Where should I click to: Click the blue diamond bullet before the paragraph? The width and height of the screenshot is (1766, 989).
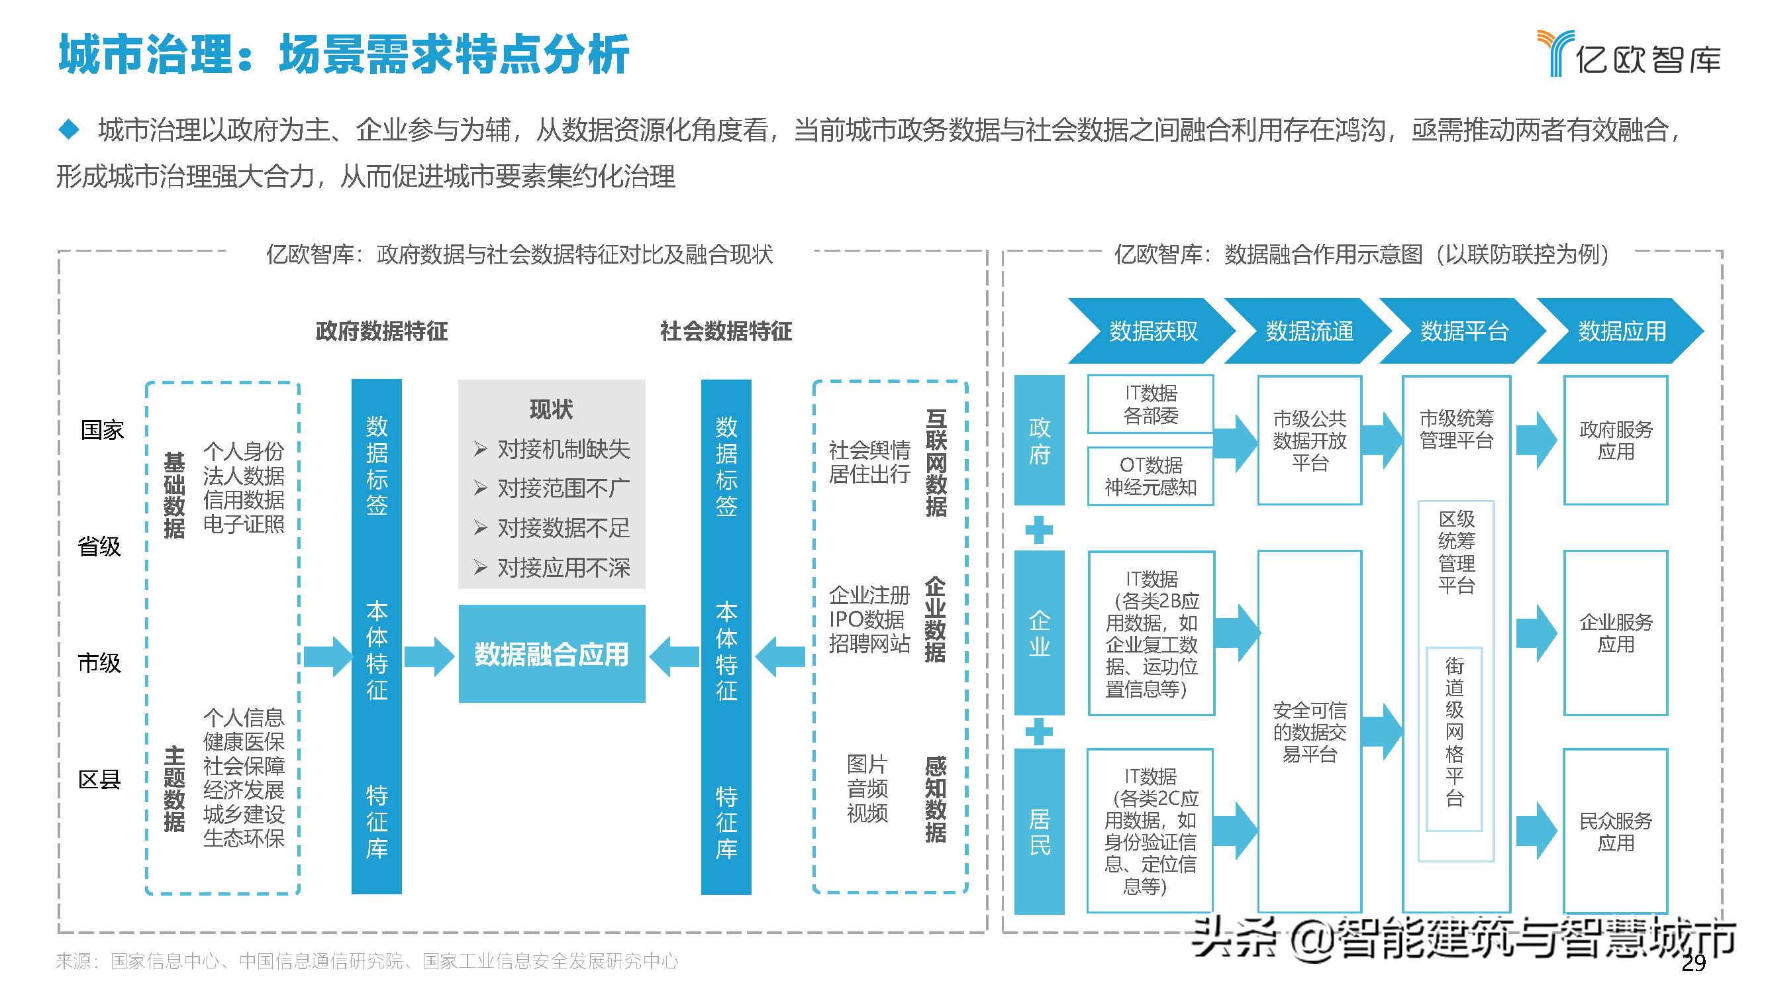(x=69, y=129)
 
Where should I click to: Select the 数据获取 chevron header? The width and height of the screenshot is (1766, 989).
(x=1152, y=331)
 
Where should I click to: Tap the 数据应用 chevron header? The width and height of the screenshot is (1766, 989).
(x=1621, y=331)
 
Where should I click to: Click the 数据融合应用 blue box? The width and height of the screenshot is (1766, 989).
(x=551, y=654)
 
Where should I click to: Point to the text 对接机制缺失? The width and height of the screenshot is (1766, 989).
(x=563, y=449)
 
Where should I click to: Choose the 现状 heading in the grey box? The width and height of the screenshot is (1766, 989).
(x=550, y=409)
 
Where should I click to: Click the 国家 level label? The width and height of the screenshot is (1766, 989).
(x=102, y=430)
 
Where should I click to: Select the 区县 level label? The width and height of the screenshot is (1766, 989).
(x=99, y=779)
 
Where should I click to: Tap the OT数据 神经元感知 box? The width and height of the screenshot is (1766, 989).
(x=1150, y=476)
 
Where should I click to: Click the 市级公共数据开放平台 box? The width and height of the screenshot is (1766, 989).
(x=1308, y=441)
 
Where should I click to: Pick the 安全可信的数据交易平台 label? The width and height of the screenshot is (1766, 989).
(x=1308, y=732)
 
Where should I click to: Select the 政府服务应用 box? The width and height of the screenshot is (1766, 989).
(x=1615, y=441)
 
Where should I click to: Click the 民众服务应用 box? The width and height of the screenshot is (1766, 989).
(x=1615, y=831)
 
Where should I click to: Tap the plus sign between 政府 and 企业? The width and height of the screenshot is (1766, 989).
(x=1039, y=529)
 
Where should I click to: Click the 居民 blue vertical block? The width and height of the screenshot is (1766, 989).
(x=1039, y=831)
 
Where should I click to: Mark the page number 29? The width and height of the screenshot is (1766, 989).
(x=1693, y=963)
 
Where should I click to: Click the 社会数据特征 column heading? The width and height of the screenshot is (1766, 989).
(x=725, y=331)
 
